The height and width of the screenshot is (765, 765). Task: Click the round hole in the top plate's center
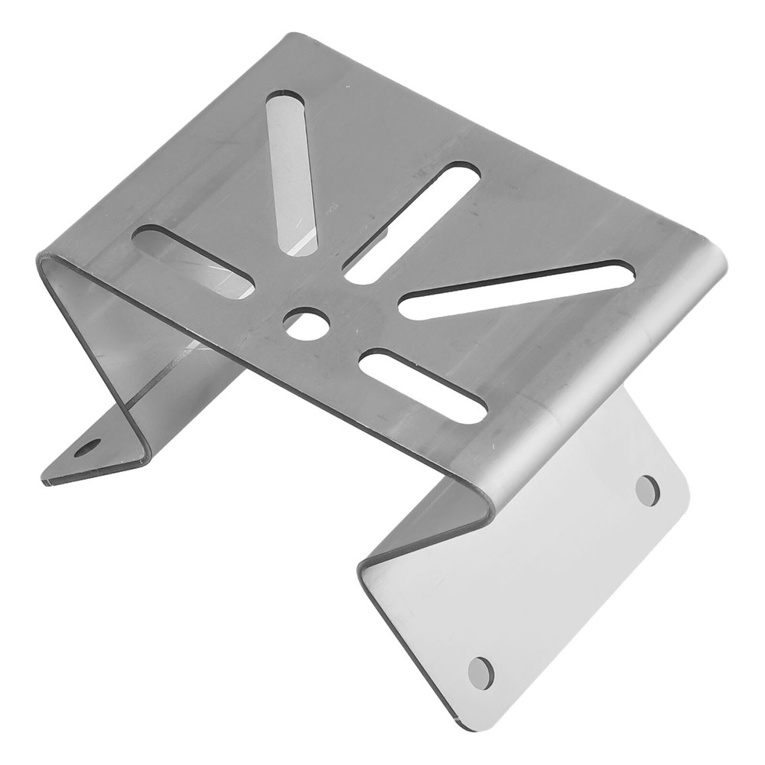pyautogui.click(x=305, y=324)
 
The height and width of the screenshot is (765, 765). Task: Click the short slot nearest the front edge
pyautogui.click(x=423, y=386)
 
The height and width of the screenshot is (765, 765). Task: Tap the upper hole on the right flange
pyautogui.click(x=647, y=490)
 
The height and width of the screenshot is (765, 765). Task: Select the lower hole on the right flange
pyautogui.click(x=480, y=672)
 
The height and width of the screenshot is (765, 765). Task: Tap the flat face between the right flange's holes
pyautogui.click(x=566, y=581)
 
